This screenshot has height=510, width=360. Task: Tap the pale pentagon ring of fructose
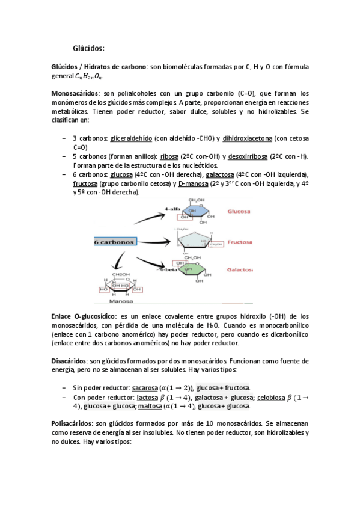tap(200, 241)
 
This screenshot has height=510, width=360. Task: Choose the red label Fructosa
tap(242, 242)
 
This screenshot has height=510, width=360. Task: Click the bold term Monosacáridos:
tap(76, 94)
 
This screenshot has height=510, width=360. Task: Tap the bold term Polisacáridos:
tap(73, 424)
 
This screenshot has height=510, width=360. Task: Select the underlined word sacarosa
tap(145, 388)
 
